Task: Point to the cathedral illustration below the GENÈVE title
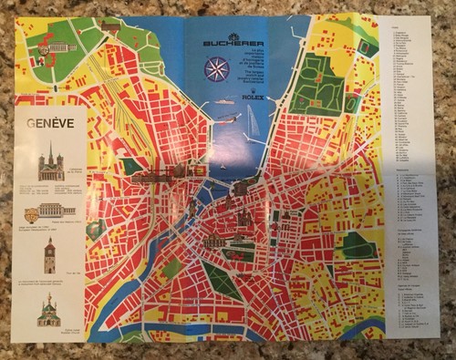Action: pos(51,164)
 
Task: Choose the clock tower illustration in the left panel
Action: pos(49,257)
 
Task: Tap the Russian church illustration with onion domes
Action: pos(49,310)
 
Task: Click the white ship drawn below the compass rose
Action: pos(224,101)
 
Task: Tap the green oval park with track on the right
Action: pos(357,244)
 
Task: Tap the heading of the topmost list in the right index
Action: pos(393,28)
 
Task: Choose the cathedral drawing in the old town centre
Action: pos(244,218)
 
